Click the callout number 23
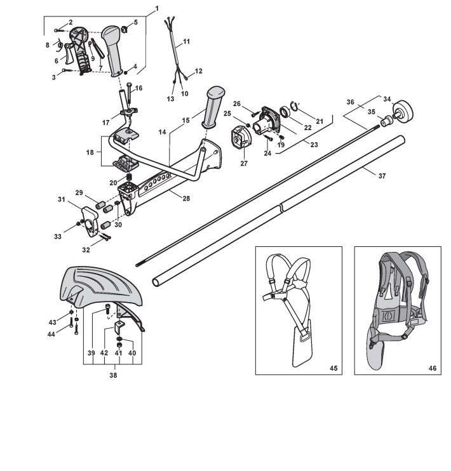pos(314,144)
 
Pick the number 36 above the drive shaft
pos(351,101)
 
